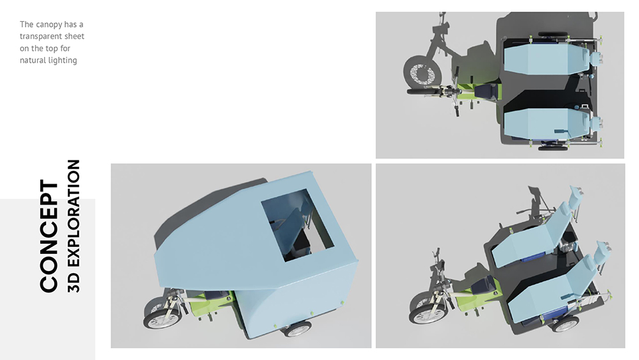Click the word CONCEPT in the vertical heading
point(49,236)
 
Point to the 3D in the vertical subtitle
point(73,283)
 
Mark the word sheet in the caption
point(74,36)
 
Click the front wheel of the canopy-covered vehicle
point(162,318)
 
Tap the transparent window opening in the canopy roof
point(297,224)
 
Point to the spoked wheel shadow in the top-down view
point(422,74)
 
